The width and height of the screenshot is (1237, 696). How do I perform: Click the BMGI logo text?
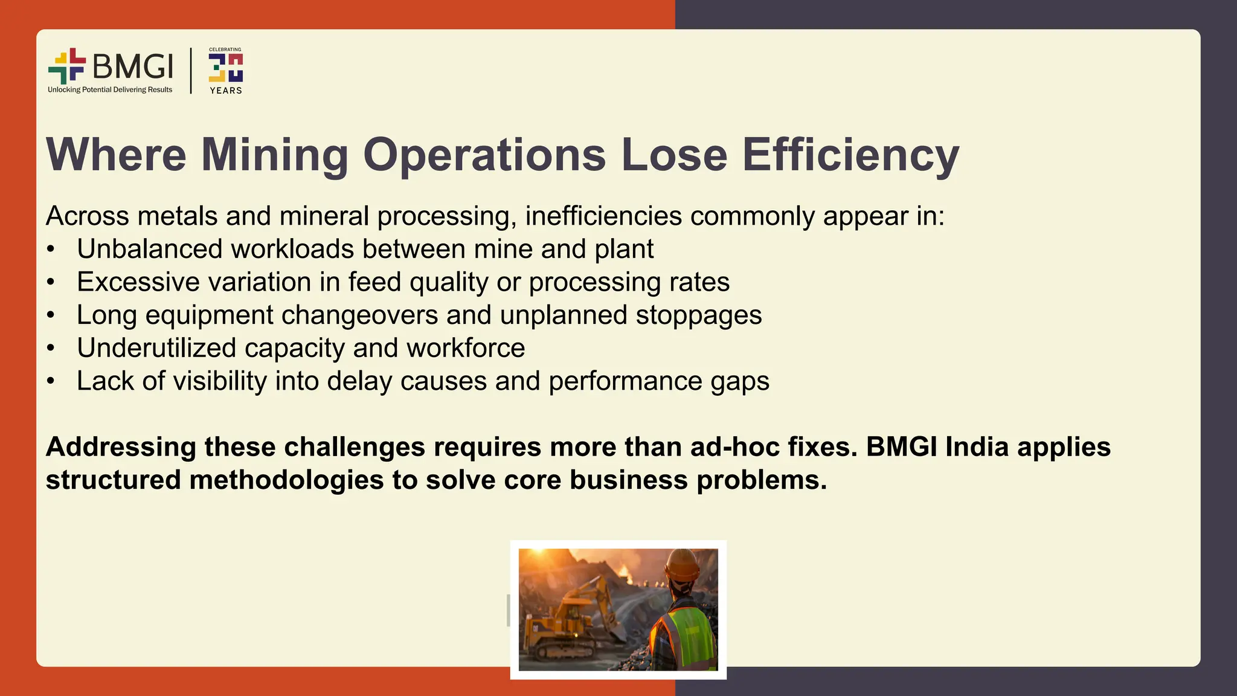coord(133,66)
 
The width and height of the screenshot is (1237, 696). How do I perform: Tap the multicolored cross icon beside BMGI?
coord(67,66)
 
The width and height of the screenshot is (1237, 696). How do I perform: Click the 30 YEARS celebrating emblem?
coord(225,71)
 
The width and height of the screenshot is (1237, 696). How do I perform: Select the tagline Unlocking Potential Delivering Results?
coord(110,90)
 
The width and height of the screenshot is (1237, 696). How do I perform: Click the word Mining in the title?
coord(275,155)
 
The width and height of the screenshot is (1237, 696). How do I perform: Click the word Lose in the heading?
coord(674,155)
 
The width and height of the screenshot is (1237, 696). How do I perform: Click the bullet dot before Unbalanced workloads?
coord(51,250)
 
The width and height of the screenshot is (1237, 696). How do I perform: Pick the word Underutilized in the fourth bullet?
coord(156,348)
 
